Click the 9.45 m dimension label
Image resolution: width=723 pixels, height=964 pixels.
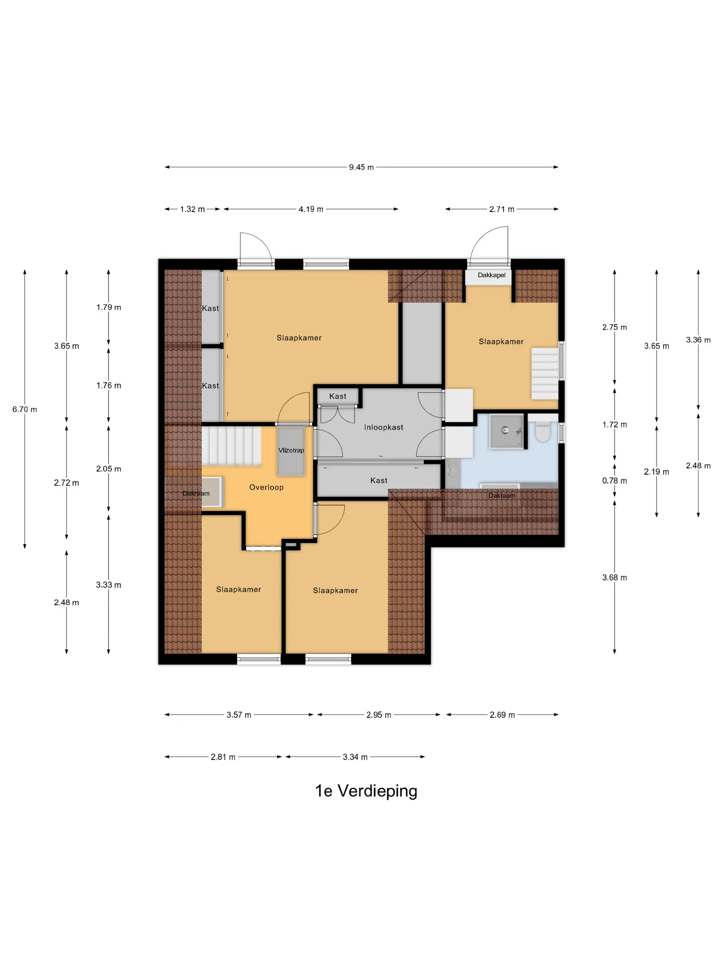tap(361, 167)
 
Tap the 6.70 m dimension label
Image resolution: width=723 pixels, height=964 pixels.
tap(24, 409)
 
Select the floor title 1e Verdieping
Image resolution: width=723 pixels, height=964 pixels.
tap(366, 790)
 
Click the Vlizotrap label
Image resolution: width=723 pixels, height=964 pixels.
tap(291, 450)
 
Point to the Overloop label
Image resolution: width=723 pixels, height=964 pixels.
tap(266, 487)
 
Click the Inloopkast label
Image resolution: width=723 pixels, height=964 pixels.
tap(384, 427)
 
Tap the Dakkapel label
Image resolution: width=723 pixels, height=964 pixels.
tap(492, 275)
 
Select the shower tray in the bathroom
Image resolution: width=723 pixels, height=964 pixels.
tap(506, 431)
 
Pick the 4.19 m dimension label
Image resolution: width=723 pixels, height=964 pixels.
tap(311, 209)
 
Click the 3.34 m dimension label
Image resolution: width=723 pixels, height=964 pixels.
tap(355, 757)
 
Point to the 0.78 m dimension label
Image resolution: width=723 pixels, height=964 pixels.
tap(615, 481)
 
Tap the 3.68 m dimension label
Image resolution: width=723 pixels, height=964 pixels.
tap(615, 577)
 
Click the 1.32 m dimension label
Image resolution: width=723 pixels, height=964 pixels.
tap(192, 209)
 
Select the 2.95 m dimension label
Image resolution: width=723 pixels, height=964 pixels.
tap(379, 715)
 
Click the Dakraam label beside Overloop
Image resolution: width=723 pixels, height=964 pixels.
tap(196, 493)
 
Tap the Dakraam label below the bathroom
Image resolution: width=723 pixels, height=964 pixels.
tap(502, 495)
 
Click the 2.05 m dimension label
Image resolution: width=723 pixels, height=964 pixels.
tap(108, 469)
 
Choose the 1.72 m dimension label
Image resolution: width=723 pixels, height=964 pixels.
tap(615, 425)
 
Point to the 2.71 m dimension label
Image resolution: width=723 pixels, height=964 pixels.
tap(502, 209)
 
